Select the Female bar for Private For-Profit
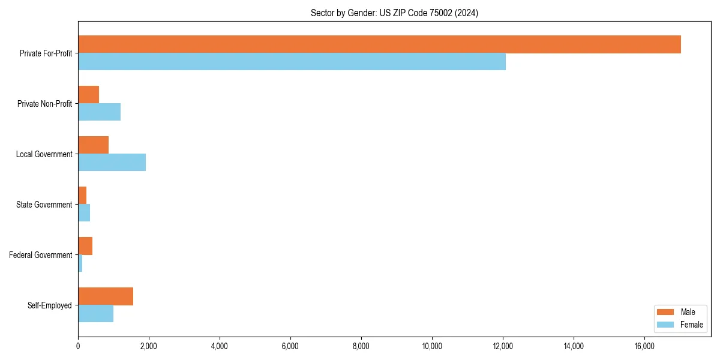click(292, 62)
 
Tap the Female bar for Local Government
click(112, 163)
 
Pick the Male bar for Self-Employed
click(106, 296)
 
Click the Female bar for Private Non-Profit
click(99, 112)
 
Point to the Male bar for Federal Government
click(85, 246)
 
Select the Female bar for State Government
click(84, 213)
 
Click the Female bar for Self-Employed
click(95, 314)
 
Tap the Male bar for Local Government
click(93, 145)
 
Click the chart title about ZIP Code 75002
click(394, 13)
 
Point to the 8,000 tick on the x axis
click(361, 346)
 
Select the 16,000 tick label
click(644, 346)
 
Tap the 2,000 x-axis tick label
click(149, 346)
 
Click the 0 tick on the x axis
click(78, 346)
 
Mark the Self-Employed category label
click(49, 305)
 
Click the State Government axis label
click(44, 205)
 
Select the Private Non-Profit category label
click(44, 104)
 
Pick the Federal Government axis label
click(40, 255)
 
